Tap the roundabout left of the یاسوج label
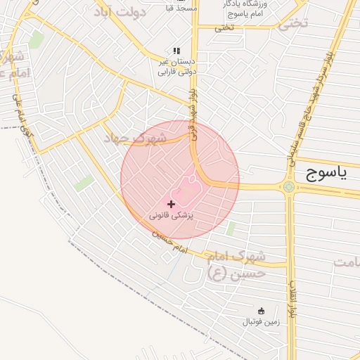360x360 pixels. tap(288, 186)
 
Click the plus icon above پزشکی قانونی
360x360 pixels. tap(172, 203)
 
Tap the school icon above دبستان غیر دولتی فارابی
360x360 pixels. tap(176, 51)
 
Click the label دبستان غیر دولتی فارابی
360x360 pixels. tap(176, 66)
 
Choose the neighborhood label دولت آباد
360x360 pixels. tap(123, 12)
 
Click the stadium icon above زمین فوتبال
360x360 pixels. tap(262, 311)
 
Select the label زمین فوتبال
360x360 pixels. tap(262, 322)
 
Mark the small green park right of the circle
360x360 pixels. tap(231, 229)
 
